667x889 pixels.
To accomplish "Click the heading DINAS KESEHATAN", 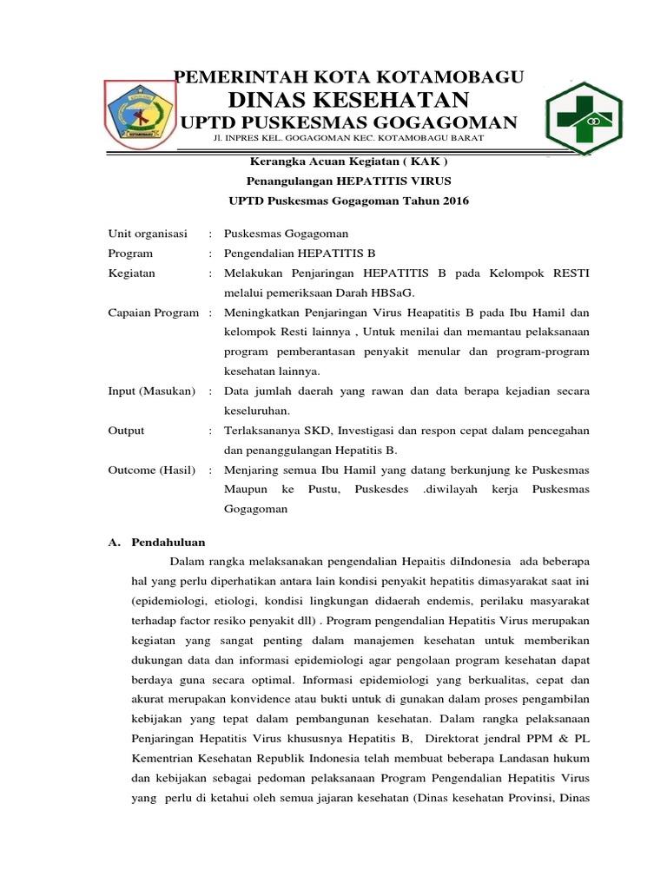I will coord(349,99).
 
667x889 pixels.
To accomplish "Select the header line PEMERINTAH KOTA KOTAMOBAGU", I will coord(349,77).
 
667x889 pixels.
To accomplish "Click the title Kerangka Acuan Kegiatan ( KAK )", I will coord(349,161).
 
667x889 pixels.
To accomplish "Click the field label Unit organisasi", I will coord(148,234).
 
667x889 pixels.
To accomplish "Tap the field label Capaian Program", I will coord(153,312).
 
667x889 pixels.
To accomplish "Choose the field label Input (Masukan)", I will coord(151,391).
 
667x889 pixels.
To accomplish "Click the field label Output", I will coord(126,430).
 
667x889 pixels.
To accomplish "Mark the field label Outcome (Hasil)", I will coord(151,470).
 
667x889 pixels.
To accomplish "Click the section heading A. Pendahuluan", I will coord(155,542).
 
